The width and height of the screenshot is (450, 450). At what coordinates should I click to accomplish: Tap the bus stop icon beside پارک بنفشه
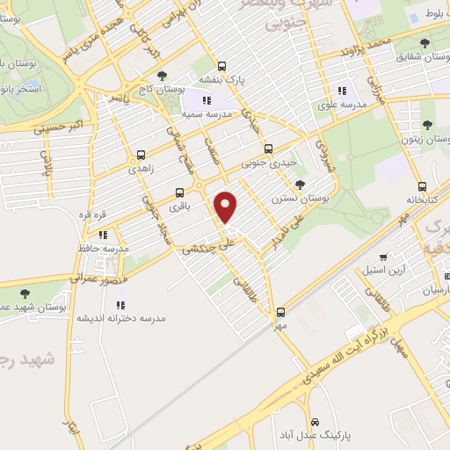coord(221,65)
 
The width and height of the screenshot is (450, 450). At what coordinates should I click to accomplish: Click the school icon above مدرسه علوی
coord(342,90)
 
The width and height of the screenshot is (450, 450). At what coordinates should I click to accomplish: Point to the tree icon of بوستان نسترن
coord(301,184)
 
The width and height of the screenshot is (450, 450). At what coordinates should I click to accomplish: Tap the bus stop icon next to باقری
coord(181,192)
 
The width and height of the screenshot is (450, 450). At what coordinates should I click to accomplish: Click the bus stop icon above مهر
coord(281,312)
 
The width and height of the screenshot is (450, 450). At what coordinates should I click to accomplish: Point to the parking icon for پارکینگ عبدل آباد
coord(326,421)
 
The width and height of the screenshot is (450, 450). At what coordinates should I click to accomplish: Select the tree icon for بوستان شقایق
coord(425,42)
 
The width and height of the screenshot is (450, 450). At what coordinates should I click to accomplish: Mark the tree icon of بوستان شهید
coord(23,294)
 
